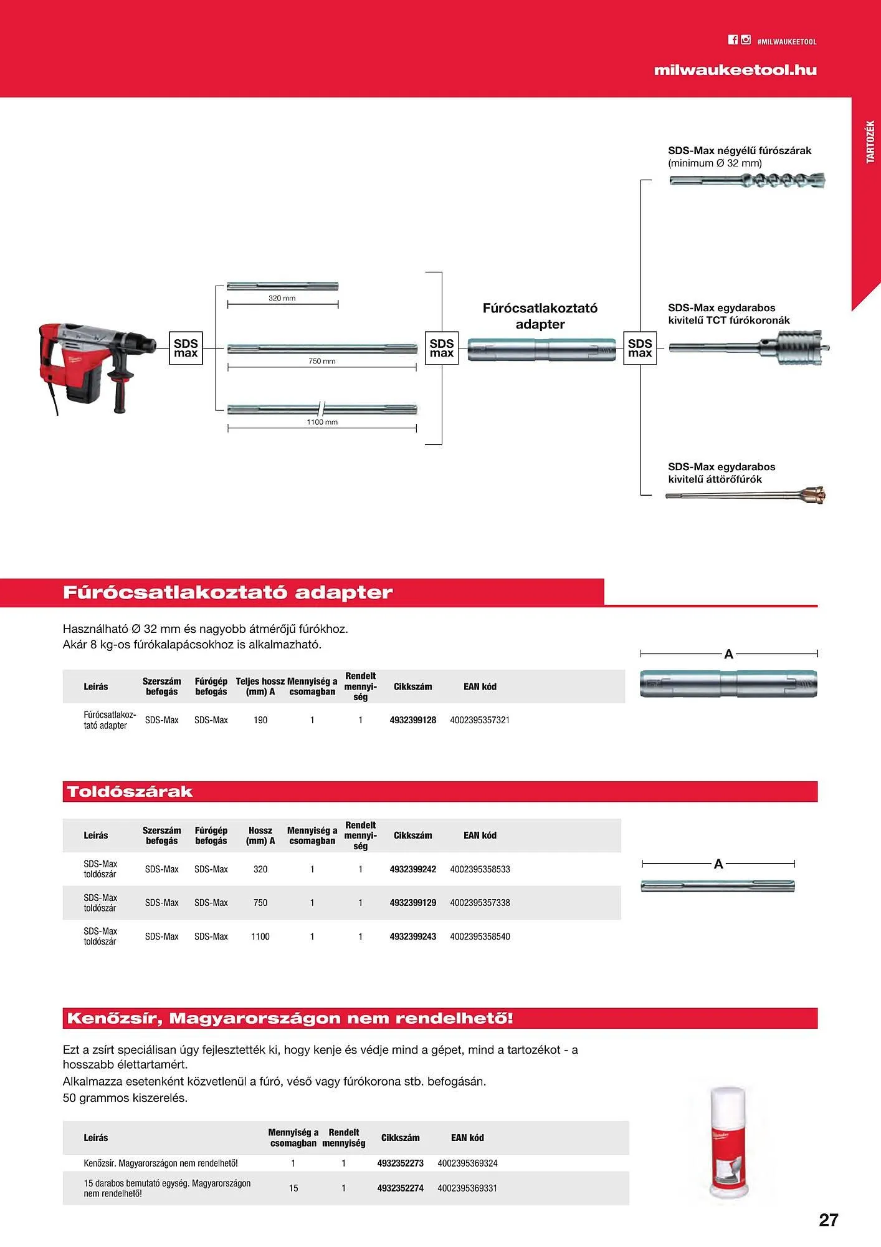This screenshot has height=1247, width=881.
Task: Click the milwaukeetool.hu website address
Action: click(735, 70)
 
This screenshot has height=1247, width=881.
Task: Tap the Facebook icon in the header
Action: click(733, 40)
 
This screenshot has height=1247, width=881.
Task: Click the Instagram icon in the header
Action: click(746, 40)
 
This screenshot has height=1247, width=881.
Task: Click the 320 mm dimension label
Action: click(282, 298)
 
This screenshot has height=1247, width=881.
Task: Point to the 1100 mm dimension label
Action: click(322, 422)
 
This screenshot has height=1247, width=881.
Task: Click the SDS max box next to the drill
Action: click(186, 348)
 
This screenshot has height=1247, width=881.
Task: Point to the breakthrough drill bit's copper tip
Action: click(814, 495)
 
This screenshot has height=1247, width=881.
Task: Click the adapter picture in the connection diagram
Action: click(541, 350)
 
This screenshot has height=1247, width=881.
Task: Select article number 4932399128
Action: click(412, 720)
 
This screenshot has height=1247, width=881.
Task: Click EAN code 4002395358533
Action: click(480, 869)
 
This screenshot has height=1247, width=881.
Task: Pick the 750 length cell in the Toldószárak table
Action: click(260, 903)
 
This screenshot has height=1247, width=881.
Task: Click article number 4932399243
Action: click(412, 936)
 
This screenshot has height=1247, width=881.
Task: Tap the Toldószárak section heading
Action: click(130, 792)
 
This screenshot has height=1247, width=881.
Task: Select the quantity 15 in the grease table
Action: click(293, 1188)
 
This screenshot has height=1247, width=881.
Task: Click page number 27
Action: click(828, 1220)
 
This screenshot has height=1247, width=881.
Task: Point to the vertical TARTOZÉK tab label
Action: click(870, 142)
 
